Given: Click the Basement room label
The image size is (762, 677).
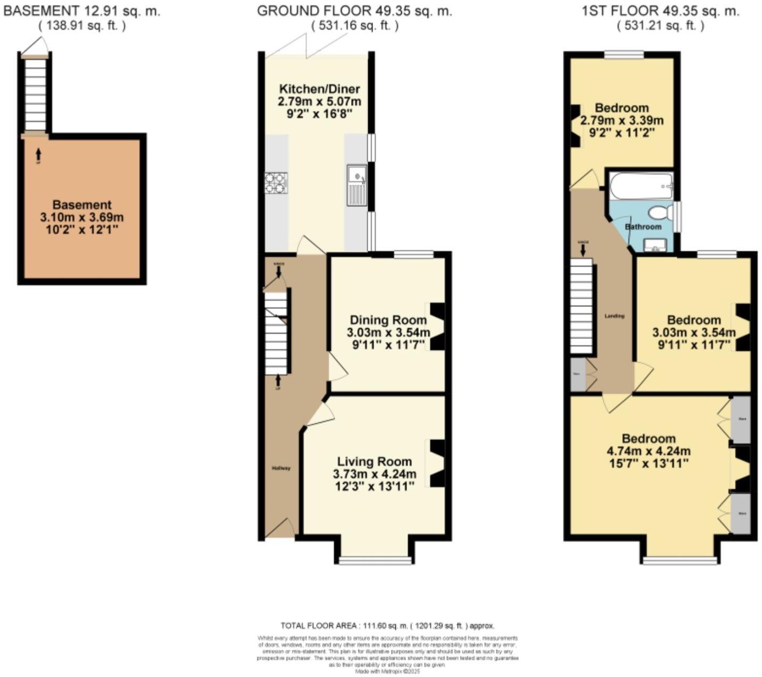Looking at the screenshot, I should pos(82,205).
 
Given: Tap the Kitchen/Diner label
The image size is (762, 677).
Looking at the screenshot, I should pos(320,89).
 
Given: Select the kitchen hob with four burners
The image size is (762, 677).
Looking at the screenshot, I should pos(276,183).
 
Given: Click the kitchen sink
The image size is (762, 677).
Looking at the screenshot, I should pos(357,184).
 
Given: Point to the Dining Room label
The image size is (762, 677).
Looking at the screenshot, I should pos(388,320).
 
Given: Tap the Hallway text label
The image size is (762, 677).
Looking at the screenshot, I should pos(281,468).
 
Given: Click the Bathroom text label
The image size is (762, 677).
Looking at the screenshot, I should pos(643,227).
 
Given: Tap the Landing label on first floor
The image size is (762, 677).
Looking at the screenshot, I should pos(615,316).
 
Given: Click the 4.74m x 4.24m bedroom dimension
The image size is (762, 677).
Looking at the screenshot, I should pos(649,451).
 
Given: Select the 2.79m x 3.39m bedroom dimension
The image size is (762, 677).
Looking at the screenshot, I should pos(622,120).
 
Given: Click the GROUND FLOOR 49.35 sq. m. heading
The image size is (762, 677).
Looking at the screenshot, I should pos(354,11).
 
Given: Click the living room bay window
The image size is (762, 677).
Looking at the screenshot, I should pos(376,560).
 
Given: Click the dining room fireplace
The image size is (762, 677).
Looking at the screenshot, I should pos(437,326).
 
